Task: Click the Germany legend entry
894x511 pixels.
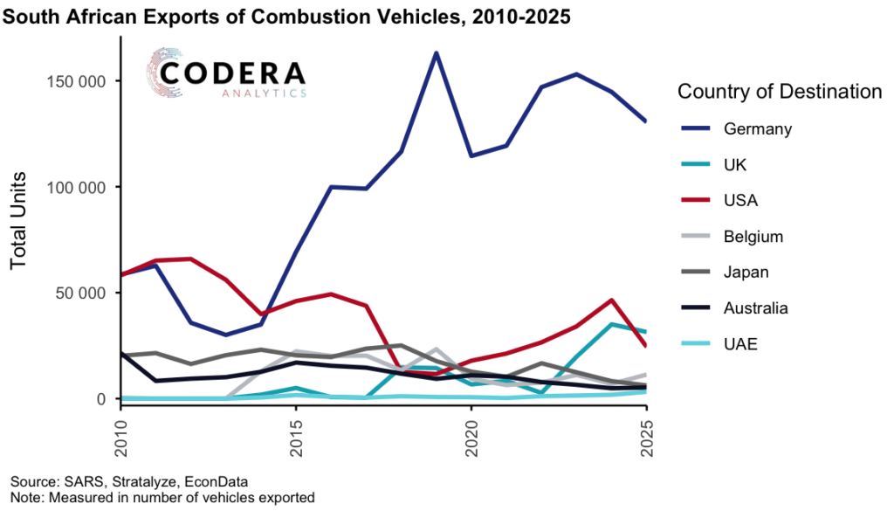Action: pos(757,128)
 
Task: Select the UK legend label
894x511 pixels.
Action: pos(735,164)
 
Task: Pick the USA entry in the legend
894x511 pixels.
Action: pos(740,200)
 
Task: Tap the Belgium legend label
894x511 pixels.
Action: pos(753,236)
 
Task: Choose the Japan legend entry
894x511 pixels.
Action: pos(746,272)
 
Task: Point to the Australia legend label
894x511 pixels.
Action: pos(756,307)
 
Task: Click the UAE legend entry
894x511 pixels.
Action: pos(739,344)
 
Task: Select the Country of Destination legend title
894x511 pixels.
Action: pos(780,91)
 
